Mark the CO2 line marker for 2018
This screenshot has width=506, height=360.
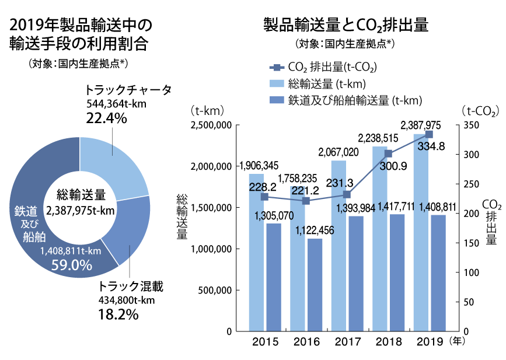coord(389,153)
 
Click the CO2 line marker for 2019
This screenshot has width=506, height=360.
coord(429,134)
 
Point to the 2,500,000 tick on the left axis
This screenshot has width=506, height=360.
coord(211,125)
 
